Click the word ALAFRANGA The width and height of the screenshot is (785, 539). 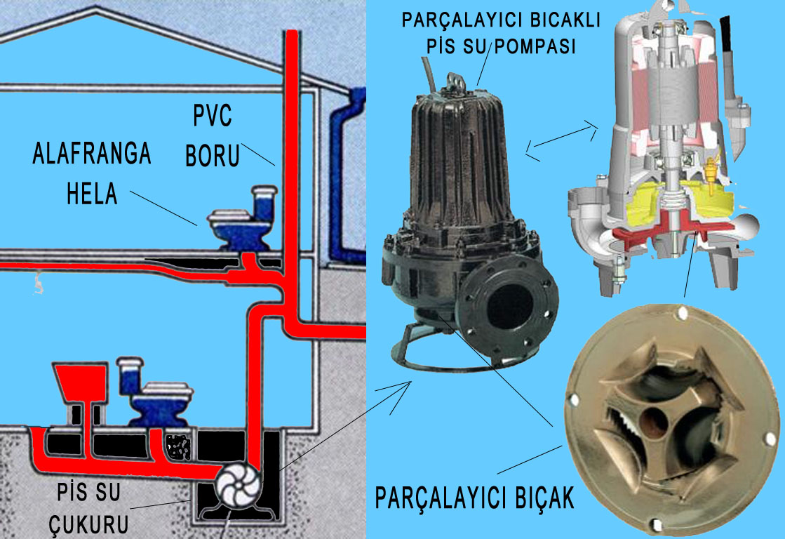[x=91, y=154]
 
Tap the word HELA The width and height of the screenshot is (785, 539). [x=92, y=193]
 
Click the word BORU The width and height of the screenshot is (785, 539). [x=213, y=156]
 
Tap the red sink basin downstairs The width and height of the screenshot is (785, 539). [x=79, y=383]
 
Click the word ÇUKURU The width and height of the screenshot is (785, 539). [x=83, y=525]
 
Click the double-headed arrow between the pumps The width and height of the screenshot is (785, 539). [x=561, y=139]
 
